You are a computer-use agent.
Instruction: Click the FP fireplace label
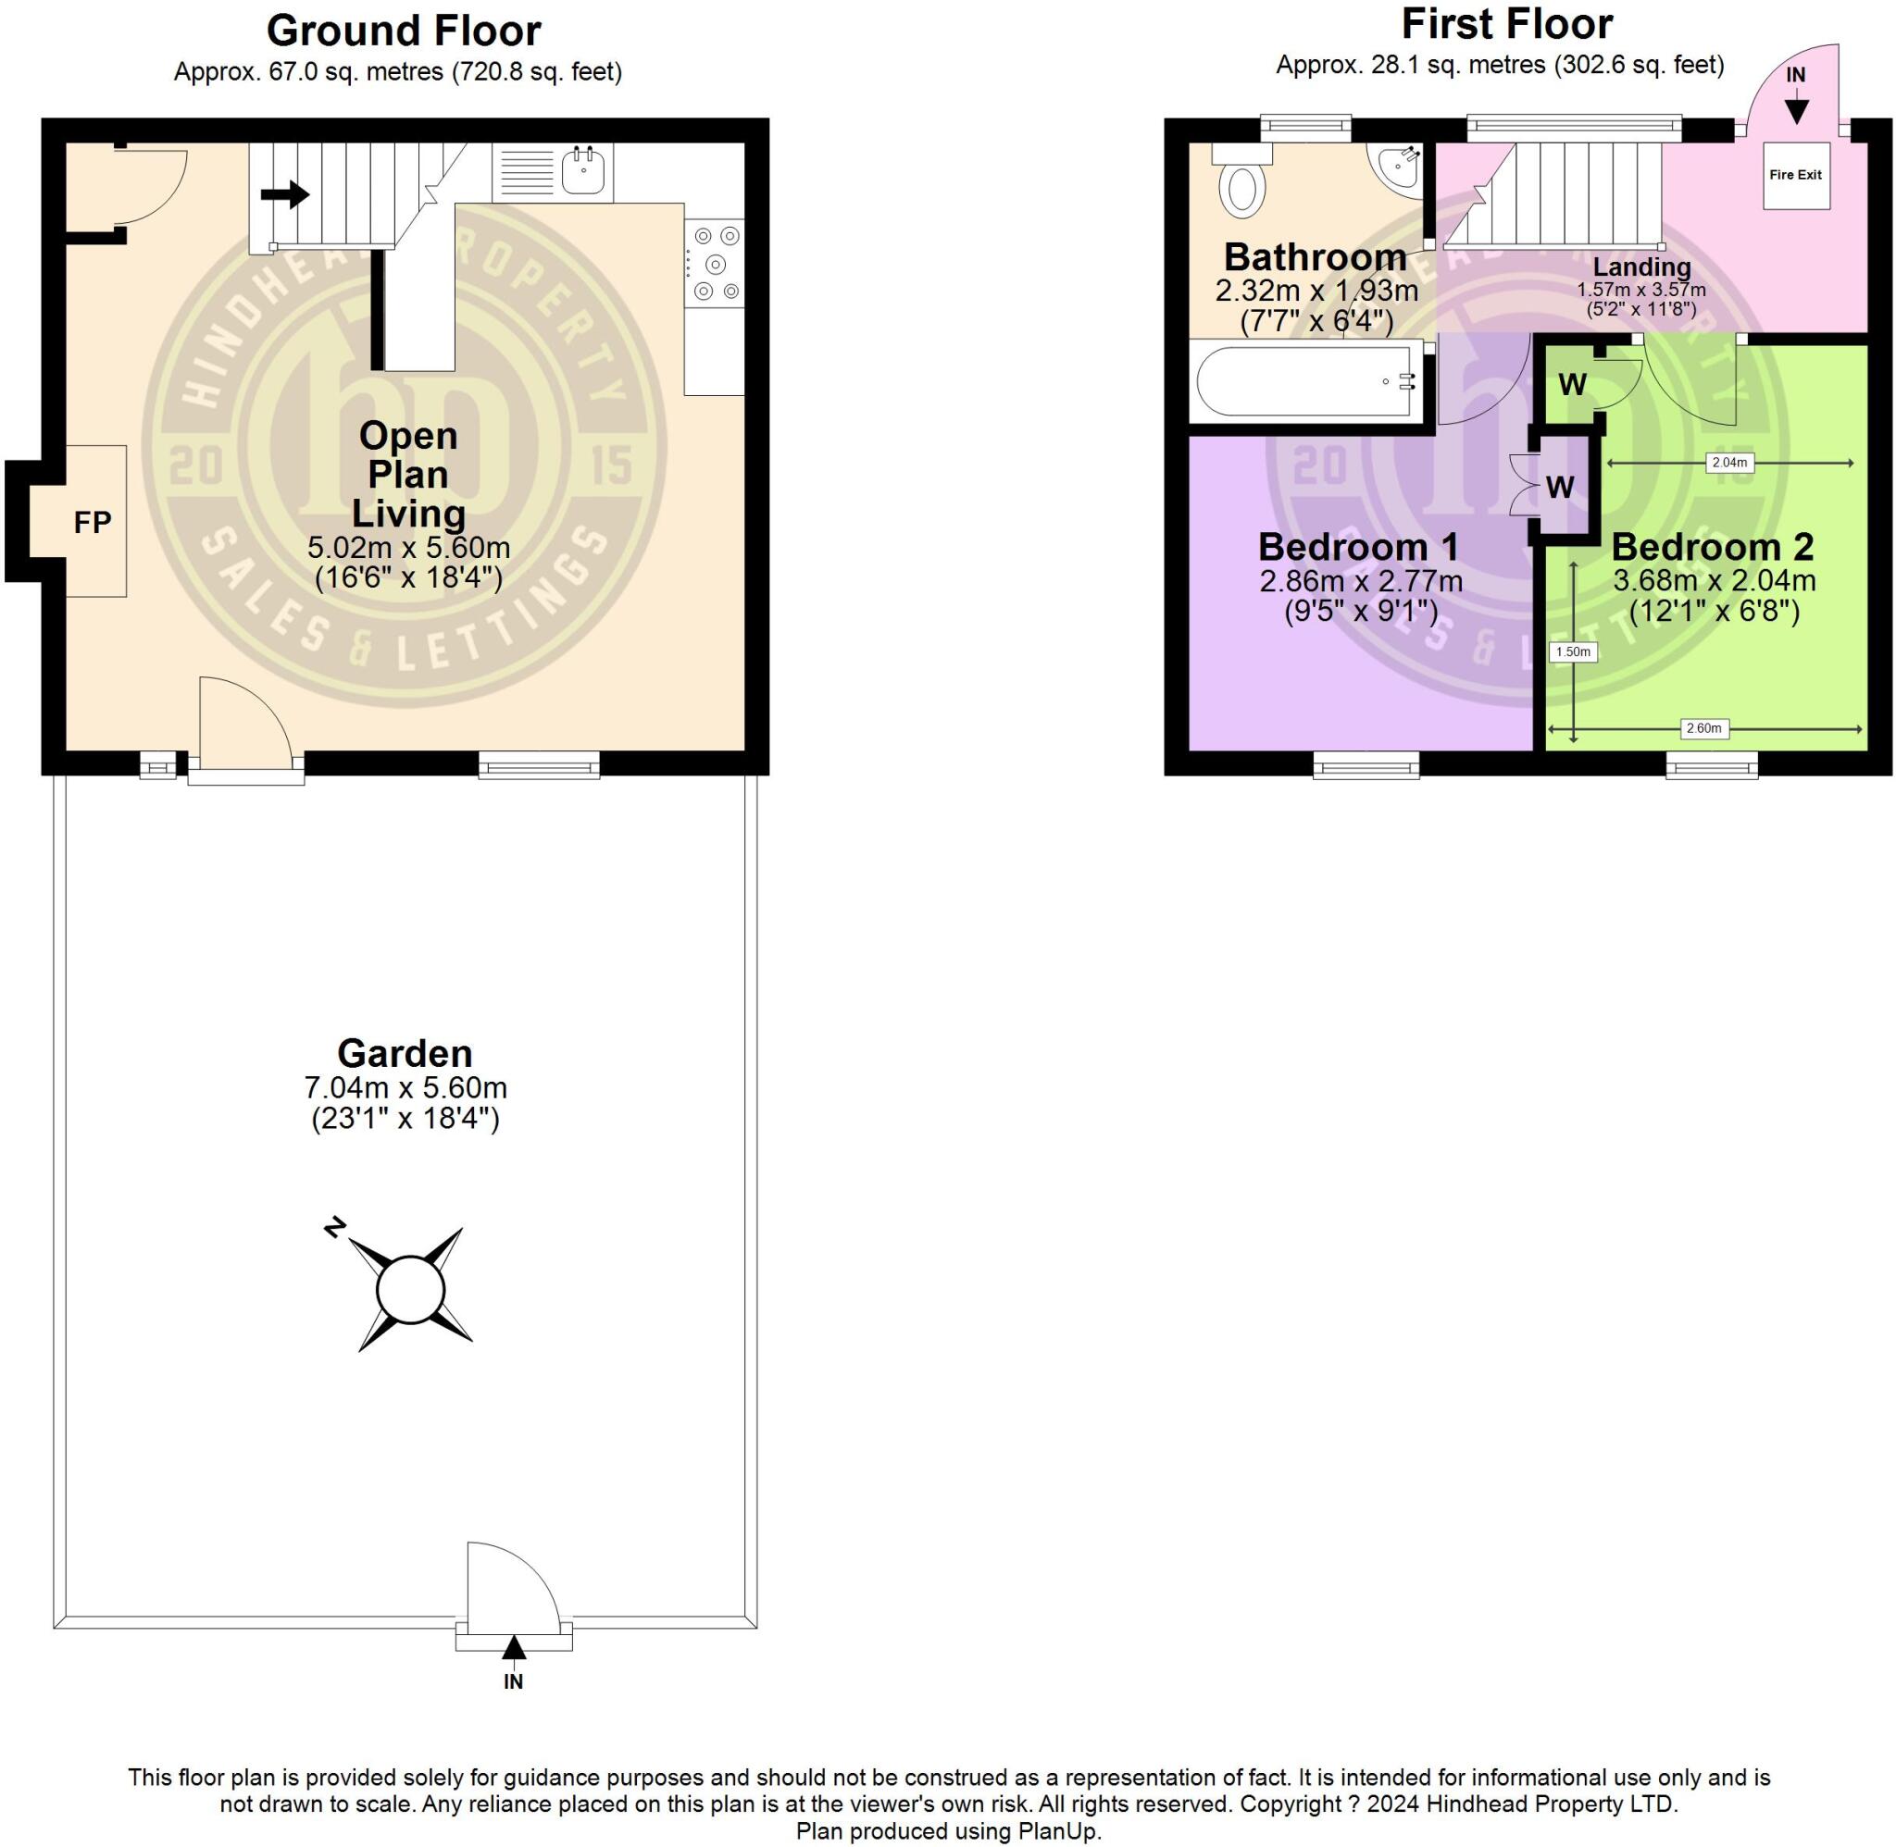94,523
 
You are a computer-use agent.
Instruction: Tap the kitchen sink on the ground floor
583,172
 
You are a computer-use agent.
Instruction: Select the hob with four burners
715,264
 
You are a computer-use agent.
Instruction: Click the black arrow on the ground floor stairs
285,195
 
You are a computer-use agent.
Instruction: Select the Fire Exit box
1795,176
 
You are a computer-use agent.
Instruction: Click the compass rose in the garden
410,1290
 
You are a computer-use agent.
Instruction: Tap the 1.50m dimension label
1573,651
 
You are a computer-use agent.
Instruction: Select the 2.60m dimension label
1703,728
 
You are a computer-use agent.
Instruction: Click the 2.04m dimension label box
1729,463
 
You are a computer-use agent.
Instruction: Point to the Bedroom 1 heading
1358,547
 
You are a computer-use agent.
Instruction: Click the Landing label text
1641,267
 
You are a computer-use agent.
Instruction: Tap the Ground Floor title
404,31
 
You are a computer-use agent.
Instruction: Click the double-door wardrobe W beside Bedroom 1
1559,486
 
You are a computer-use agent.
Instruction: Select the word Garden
405,1053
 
